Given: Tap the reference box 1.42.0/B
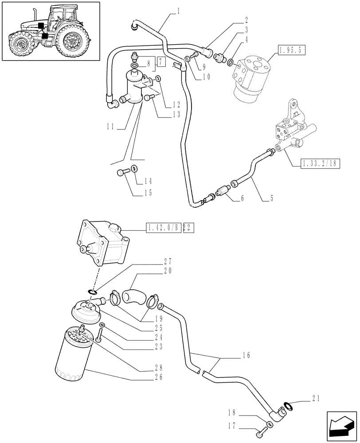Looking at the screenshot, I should (x=163, y=228).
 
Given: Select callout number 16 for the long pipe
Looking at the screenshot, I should (x=247, y=355).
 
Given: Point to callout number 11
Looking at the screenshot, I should (x=110, y=127).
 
